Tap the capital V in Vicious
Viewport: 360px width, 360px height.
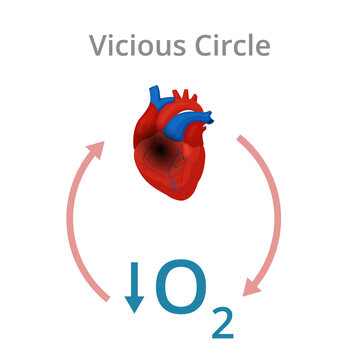[98, 45]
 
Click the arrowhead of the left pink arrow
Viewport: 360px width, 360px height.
[96, 149]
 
